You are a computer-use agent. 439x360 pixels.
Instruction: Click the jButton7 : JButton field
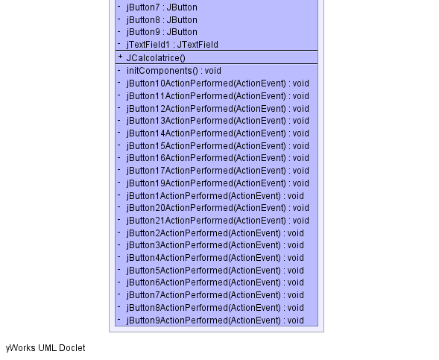click(162, 7)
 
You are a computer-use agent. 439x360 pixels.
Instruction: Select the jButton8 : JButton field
click(162, 20)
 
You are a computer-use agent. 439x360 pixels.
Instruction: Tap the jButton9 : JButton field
click(162, 32)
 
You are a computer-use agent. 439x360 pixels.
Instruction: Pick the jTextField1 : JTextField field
click(172, 45)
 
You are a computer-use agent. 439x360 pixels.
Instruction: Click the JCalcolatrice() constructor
click(156, 58)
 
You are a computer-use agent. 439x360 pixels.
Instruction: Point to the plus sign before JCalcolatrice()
click(120, 57)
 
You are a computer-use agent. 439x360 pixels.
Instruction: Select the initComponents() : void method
click(174, 71)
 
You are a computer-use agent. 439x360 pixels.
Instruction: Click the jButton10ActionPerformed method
click(218, 83)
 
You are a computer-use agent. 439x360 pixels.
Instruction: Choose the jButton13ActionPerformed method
click(218, 121)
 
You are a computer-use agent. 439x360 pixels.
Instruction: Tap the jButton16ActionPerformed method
click(218, 158)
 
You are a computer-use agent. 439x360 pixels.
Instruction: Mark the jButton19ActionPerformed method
click(218, 183)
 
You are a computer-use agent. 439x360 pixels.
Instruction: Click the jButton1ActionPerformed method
click(215, 196)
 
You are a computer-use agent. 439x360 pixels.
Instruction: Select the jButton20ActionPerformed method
click(218, 208)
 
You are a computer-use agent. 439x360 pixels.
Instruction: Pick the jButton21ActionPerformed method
click(218, 221)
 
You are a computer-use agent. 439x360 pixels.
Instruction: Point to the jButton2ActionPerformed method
click(215, 233)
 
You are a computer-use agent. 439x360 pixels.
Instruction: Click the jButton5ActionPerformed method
click(215, 271)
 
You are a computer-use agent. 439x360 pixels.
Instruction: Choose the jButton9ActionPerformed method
click(215, 320)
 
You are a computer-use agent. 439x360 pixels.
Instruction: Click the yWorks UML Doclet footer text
click(45, 348)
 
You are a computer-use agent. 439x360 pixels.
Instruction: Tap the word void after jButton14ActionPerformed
click(301, 133)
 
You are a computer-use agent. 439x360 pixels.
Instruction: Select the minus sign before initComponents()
click(119, 70)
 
